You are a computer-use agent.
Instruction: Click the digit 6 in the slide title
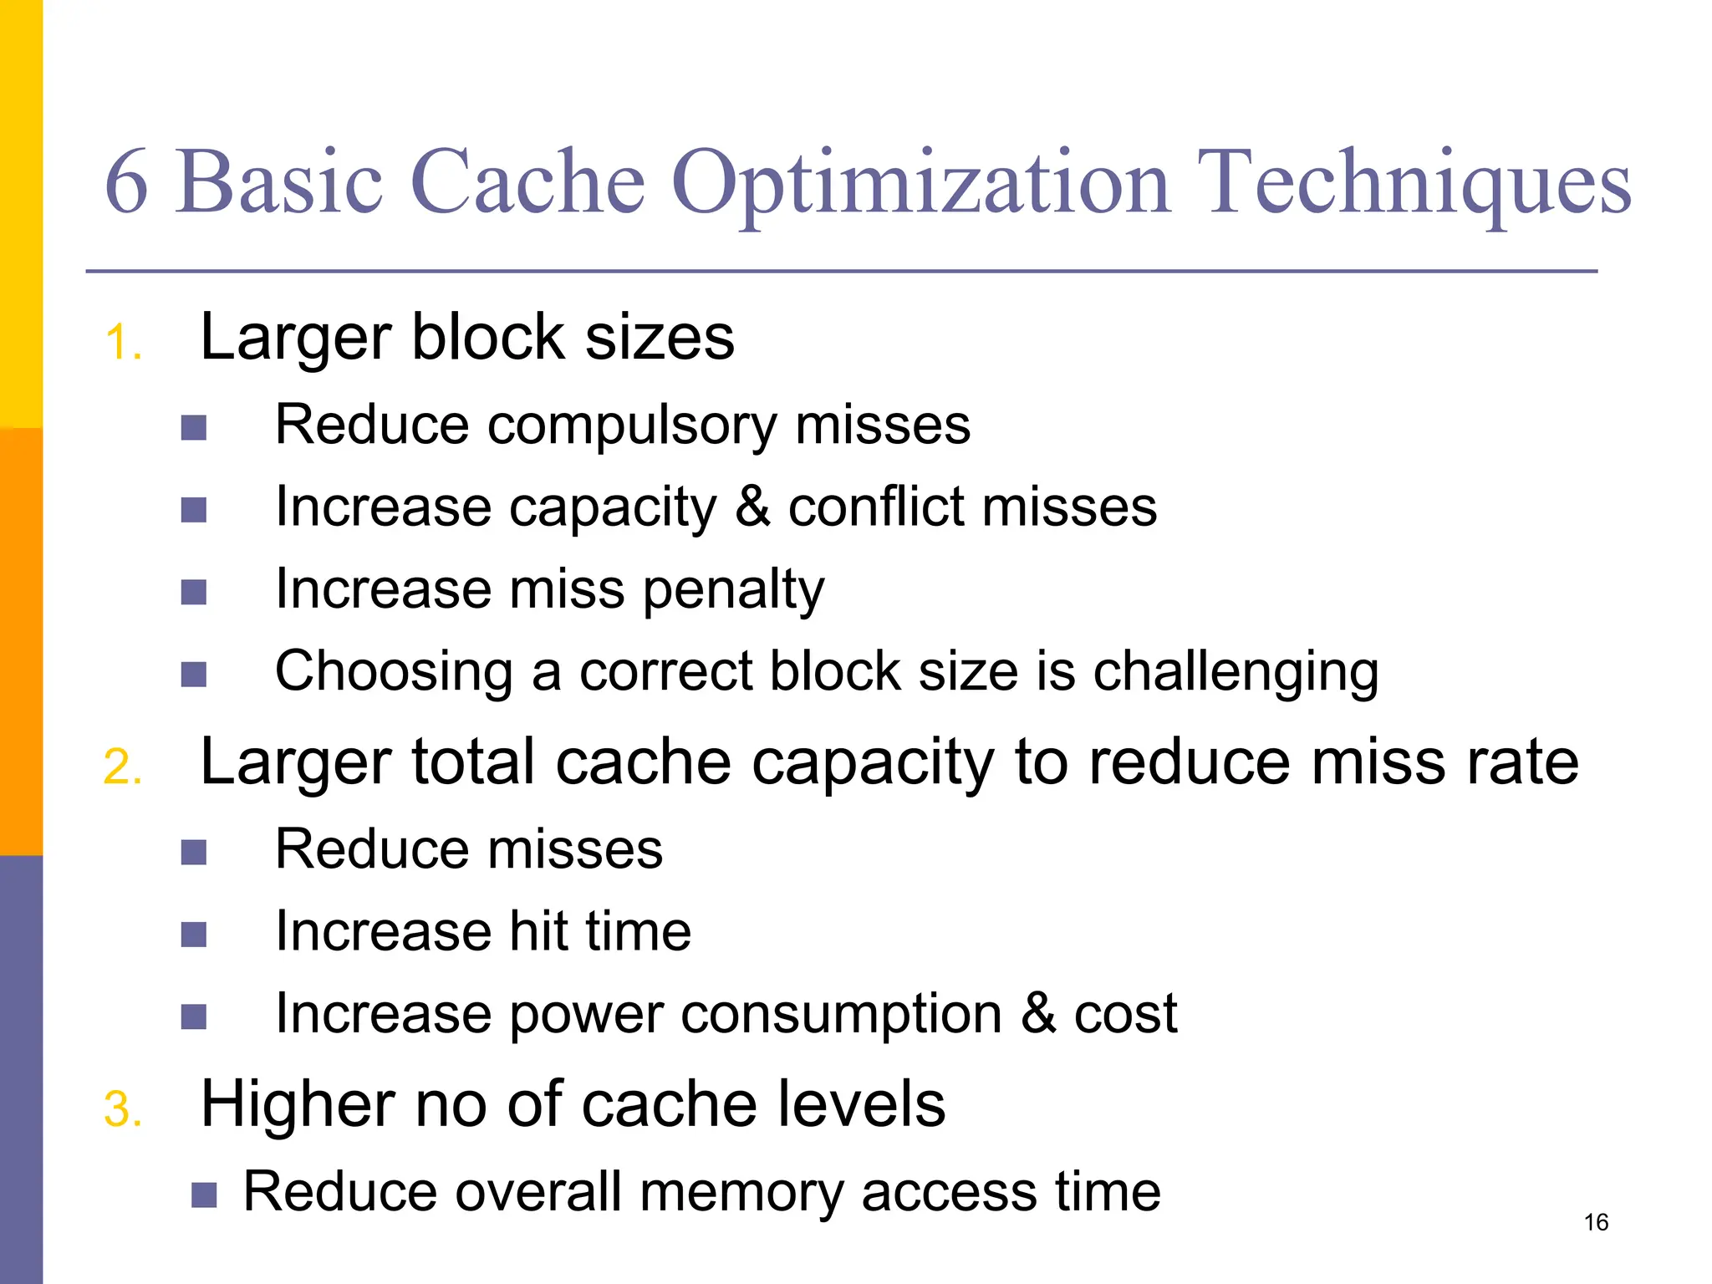click(127, 182)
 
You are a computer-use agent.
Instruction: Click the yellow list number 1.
click(122, 343)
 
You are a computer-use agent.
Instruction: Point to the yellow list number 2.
click(122, 767)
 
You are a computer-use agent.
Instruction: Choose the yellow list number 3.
click(122, 1110)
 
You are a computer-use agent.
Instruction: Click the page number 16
click(1596, 1223)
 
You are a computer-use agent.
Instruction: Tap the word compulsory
click(632, 426)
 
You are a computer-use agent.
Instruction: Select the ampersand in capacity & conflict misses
click(752, 507)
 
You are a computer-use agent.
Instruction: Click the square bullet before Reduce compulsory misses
click(194, 428)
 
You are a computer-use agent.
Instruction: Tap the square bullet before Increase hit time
click(194, 935)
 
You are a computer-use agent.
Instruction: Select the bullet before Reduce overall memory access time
click(204, 1195)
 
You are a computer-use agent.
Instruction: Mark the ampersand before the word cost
click(1038, 1013)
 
